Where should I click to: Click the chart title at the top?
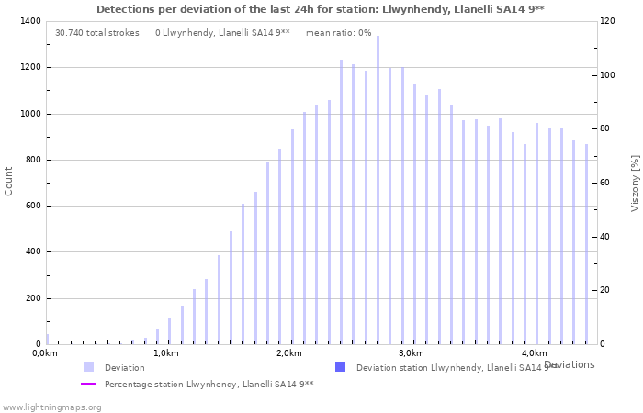click(x=320, y=9)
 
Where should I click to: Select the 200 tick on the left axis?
click(x=32, y=298)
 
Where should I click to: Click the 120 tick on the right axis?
click(x=608, y=21)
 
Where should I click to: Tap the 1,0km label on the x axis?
click(x=165, y=353)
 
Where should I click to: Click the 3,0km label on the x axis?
click(x=411, y=353)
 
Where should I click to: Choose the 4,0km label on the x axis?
click(x=534, y=353)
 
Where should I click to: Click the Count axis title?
click(x=9, y=182)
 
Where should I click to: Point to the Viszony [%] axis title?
click(x=635, y=183)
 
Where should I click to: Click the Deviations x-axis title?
click(x=569, y=364)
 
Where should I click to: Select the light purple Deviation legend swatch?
click(x=88, y=367)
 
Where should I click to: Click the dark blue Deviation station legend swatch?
click(x=340, y=367)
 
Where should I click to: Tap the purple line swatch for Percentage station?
click(x=88, y=384)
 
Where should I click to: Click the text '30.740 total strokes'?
click(x=97, y=33)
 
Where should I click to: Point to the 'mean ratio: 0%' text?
click(x=338, y=33)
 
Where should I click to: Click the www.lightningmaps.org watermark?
click(x=51, y=407)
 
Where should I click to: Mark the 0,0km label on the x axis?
click(x=45, y=353)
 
